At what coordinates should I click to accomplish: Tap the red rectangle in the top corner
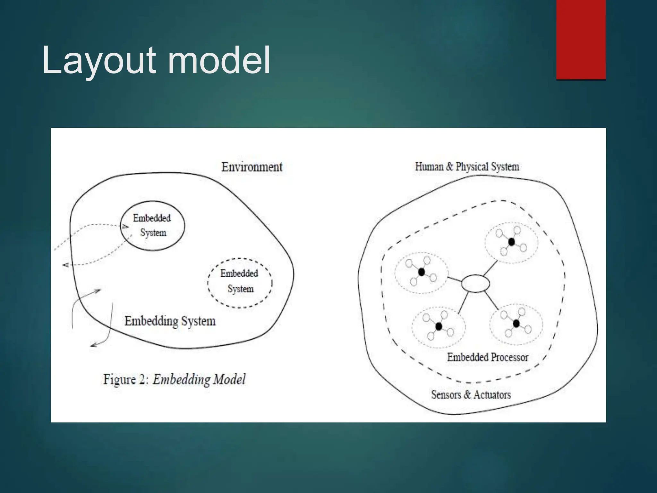pos(581,39)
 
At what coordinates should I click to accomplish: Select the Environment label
pos(252,167)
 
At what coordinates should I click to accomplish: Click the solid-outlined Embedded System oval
pos(152,225)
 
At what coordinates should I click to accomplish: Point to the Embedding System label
pos(170,321)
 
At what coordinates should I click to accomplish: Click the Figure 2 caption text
pos(174,379)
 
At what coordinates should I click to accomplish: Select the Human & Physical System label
pos(467,167)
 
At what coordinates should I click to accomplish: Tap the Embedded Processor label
pos(487,357)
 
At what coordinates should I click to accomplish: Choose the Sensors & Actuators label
pos(471,394)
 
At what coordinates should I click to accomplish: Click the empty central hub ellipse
pos(475,284)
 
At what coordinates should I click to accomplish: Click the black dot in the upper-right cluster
pos(511,242)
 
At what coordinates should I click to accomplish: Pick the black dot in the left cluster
pos(422,272)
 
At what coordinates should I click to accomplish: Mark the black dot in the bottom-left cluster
pos(439,326)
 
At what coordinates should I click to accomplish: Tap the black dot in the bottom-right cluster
pos(516,324)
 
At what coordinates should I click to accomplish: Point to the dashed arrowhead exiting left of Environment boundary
pos(65,265)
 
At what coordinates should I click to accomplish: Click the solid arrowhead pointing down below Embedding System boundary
pos(93,345)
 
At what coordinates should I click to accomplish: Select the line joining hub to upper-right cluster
pos(491,268)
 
